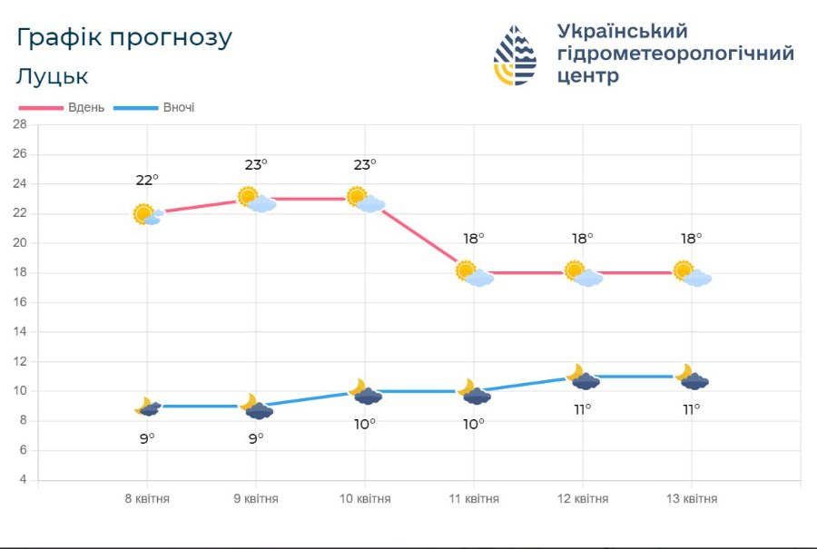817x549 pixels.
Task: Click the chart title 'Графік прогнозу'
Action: point(124,38)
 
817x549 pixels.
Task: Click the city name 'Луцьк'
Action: point(52,76)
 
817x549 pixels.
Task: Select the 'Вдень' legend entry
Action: point(63,107)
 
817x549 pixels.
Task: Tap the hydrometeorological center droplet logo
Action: point(515,55)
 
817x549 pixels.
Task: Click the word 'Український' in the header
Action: point(623,32)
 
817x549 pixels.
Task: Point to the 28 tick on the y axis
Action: point(19,124)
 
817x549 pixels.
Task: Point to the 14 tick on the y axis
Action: point(19,332)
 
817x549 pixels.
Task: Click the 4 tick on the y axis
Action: point(23,480)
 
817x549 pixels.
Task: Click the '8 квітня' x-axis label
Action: point(147,499)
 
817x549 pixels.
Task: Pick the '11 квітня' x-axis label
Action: point(474,499)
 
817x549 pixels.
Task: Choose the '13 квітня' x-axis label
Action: point(692,499)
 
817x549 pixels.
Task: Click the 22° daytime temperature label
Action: point(147,181)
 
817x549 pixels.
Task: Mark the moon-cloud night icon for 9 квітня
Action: point(257,407)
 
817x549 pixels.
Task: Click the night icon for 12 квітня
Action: point(583,377)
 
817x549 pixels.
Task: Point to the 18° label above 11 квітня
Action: point(474,239)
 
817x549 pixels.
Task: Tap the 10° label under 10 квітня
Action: point(365,424)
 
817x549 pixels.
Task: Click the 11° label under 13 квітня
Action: point(692,409)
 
